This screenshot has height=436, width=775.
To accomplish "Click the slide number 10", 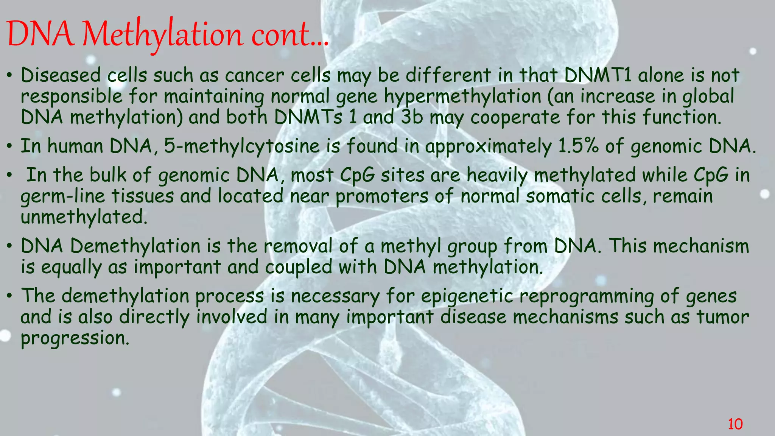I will point(735,424).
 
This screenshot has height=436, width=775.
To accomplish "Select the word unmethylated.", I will point(84,217).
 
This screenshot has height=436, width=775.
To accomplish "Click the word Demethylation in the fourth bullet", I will point(135,246).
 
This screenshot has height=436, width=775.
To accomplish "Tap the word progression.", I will point(75,338).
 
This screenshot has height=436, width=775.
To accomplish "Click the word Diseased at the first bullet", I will point(61,75).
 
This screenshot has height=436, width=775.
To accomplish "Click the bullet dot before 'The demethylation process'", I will point(10,296).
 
